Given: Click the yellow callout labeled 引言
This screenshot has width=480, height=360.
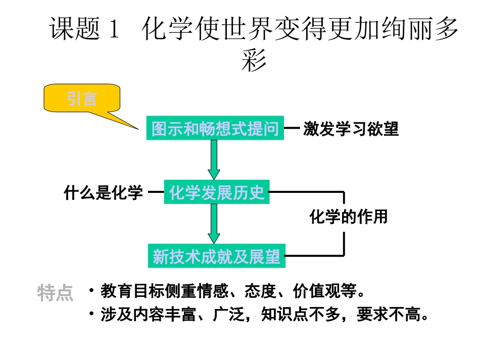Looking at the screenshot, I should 82,99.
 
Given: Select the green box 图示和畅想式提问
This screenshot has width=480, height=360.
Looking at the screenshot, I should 215,129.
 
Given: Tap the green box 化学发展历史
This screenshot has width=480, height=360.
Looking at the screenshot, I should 217,192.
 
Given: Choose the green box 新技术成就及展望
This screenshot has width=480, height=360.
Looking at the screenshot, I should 216,256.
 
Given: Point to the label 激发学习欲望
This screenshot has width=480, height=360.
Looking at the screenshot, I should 351,129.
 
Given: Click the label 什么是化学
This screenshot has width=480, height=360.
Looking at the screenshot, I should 104,192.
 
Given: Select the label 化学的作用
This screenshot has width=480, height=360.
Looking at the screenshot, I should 348,217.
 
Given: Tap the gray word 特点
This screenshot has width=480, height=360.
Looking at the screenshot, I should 56,293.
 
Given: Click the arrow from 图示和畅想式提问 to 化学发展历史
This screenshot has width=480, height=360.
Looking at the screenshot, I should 214,160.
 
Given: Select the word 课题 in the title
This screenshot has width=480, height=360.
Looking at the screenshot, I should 76,30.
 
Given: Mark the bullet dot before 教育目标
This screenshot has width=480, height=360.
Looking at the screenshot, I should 91,291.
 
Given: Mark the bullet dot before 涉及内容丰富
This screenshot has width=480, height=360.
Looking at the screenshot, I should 91,315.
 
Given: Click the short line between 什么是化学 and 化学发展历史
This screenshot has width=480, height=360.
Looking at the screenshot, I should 157,192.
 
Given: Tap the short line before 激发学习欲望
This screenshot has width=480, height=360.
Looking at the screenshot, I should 292,129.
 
